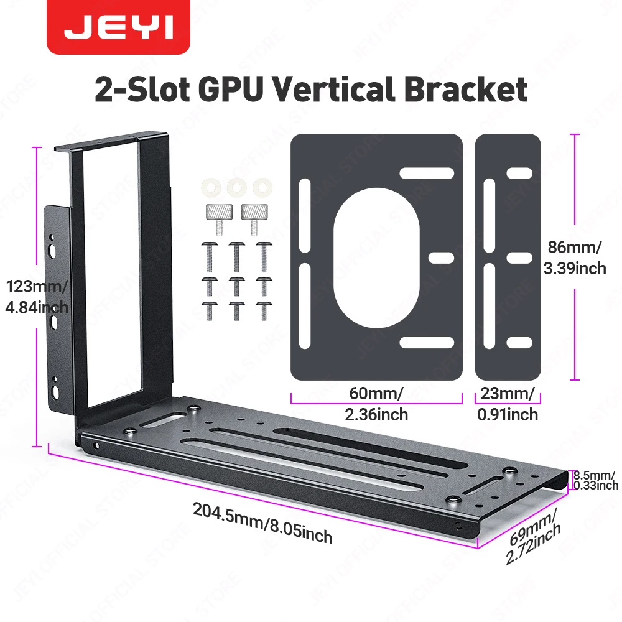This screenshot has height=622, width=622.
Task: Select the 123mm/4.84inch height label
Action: pyautogui.click(x=35, y=297)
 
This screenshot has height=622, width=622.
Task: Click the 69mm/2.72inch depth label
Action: pyautogui.click(x=532, y=536)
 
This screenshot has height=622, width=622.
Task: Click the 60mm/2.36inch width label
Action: pyautogui.click(x=377, y=403)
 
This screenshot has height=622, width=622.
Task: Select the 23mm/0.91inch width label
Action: pyautogui.click(x=507, y=403)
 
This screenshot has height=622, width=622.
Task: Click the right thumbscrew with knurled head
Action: pyautogui.click(x=253, y=215)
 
